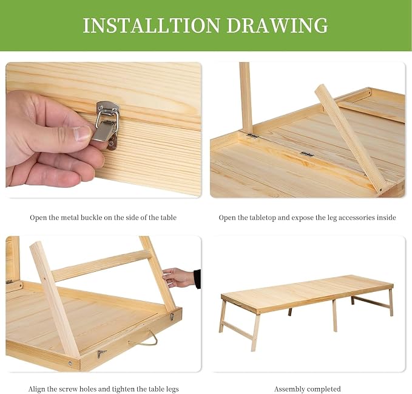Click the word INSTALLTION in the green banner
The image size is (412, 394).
click(151, 26)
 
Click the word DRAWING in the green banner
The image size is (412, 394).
click(277, 26)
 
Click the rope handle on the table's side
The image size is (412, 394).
click(143, 339)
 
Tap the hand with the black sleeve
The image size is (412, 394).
click(181, 278)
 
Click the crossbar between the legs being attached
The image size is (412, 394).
click(102, 266)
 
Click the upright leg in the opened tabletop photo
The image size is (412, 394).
click(246, 97)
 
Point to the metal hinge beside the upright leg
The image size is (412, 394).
click(252, 136)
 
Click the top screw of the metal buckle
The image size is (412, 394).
click(100, 108)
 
